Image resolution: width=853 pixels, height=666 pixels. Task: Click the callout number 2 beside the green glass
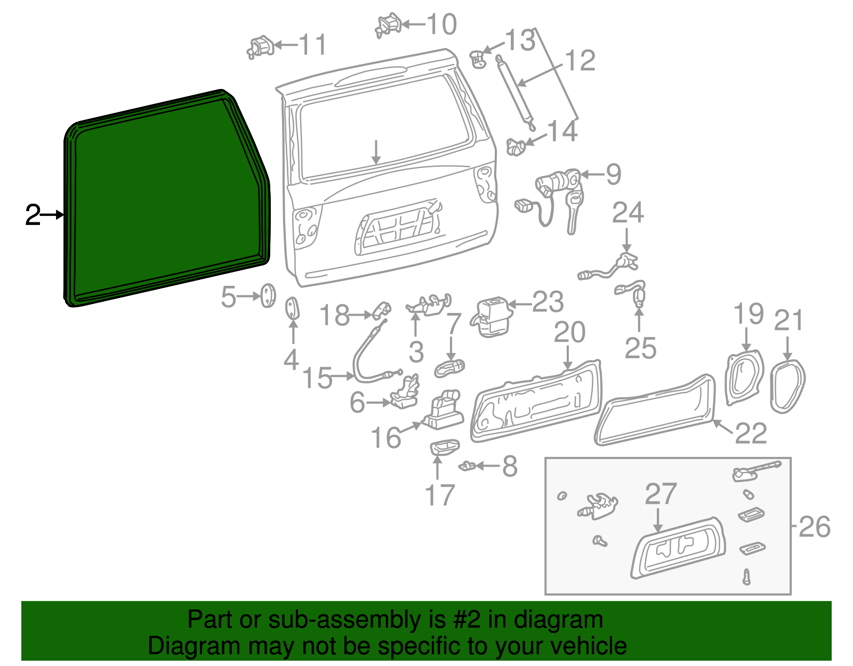(33, 215)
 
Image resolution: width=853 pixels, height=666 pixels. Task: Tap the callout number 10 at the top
(442, 25)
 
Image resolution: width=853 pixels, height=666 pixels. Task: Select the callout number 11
(312, 45)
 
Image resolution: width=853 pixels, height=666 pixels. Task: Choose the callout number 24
(627, 213)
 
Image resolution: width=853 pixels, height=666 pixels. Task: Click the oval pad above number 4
(293, 309)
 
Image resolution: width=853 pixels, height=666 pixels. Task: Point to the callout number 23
(548, 302)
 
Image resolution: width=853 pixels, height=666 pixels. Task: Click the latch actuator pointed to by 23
(490, 317)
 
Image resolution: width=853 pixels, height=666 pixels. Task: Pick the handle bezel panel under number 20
(535, 401)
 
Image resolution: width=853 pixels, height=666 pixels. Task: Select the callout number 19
(749, 314)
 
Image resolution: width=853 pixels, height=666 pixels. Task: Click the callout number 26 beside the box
(815, 527)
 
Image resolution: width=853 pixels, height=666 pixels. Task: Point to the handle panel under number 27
(678, 549)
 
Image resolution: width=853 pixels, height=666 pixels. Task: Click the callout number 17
(440, 495)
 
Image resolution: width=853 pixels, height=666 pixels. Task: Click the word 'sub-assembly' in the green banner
(344, 620)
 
